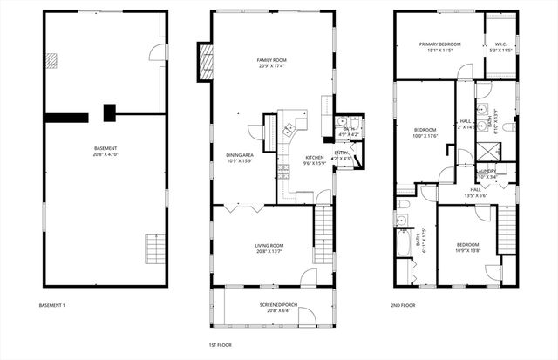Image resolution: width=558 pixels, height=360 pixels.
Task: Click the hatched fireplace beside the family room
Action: pos(207,61)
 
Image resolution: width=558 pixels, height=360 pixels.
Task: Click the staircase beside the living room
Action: pos(323,228)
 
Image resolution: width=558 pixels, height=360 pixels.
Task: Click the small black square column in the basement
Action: pos(110,112)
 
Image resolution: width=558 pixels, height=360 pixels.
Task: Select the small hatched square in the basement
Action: pos(52,60)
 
